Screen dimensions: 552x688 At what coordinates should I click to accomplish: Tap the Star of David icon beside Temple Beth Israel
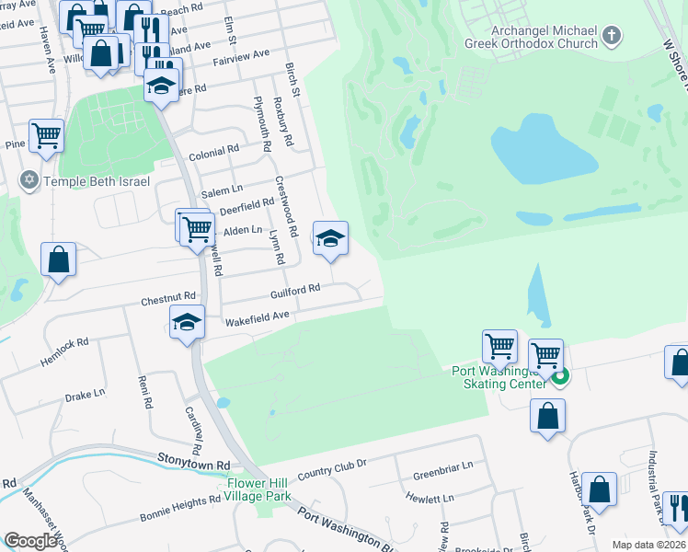pos(29,180)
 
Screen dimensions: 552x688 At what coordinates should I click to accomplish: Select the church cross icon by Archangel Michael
pos(612,37)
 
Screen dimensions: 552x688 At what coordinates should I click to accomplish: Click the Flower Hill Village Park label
pos(258,489)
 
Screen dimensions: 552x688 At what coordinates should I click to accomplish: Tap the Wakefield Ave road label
pos(258,315)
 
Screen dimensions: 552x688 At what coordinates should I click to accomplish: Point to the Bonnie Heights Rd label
pos(179,512)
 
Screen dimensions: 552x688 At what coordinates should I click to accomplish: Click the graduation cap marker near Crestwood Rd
pos(331,239)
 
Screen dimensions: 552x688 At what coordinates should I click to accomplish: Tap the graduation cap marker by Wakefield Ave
pos(187,323)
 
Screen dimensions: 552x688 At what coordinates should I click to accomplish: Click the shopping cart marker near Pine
pos(46,136)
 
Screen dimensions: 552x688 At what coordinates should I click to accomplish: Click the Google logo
pos(30,540)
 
